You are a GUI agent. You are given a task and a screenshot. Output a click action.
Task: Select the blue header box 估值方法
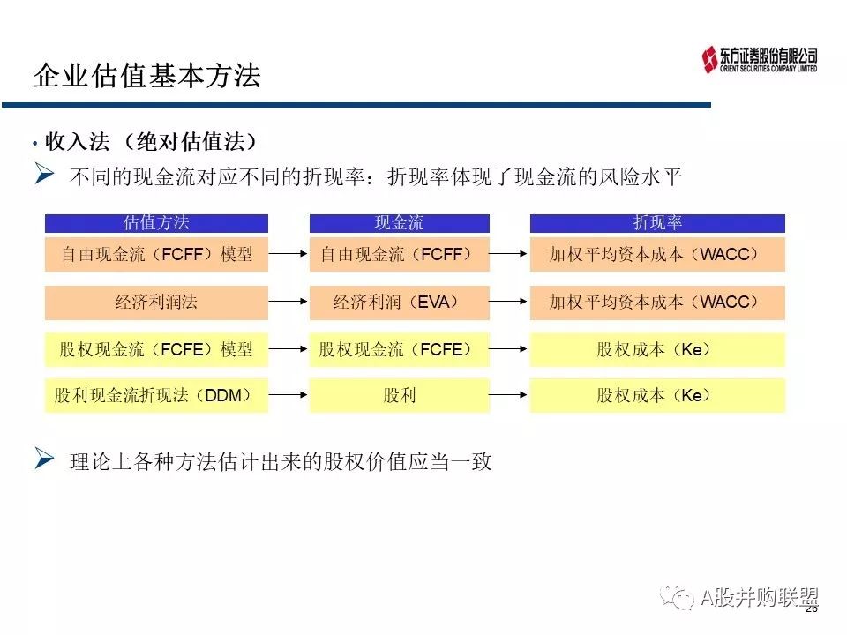pyautogui.click(x=156, y=223)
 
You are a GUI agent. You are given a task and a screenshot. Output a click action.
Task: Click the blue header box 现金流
pyautogui.click(x=399, y=223)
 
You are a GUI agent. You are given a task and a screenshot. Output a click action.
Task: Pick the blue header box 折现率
pyautogui.click(x=657, y=223)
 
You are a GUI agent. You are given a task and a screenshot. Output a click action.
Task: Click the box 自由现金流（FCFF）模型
pyautogui.click(x=156, y=254)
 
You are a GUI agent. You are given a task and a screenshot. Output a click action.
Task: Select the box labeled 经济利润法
pyautogui.click(x=156, y=302)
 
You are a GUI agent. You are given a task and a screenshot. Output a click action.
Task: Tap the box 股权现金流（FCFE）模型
pyautogui.click(x=156, y=349)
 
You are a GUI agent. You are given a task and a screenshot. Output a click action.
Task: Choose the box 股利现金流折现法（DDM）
pyautogui.click(x=156, y=395)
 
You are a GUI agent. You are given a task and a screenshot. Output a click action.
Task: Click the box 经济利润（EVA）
pyautogui.click(x=399, y=302)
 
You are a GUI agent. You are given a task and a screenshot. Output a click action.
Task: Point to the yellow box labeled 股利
pyautogui.click(x=399, y=395)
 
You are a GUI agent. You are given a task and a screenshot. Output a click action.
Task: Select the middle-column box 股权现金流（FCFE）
pyautogui.click(x=399, y=349)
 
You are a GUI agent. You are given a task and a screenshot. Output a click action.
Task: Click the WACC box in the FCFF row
pyautogui.click(x=657, y=254)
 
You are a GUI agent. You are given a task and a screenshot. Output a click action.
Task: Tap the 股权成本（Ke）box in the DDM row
pyautogui.click(x=657, y=395)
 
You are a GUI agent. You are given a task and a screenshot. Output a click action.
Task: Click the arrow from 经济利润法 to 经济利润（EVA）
pyautogui.click(x=289, y=302)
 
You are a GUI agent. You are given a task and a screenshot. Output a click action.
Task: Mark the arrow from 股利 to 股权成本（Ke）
pyautogui.click(x=509, y=395)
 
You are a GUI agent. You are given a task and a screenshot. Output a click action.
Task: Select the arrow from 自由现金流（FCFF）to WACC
pyautogui.click(x=509, y=254)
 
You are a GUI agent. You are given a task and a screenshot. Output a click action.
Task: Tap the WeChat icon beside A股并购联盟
pyautogui.click(x=679, y=599)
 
